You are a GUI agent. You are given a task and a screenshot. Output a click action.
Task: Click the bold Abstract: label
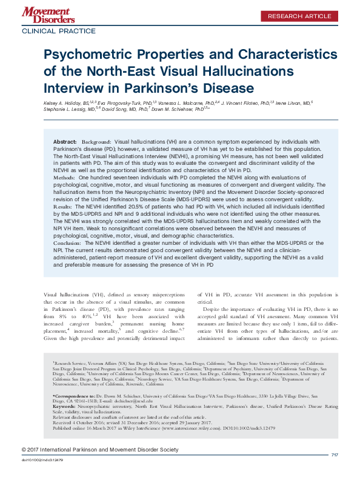(x=65, y=139)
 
